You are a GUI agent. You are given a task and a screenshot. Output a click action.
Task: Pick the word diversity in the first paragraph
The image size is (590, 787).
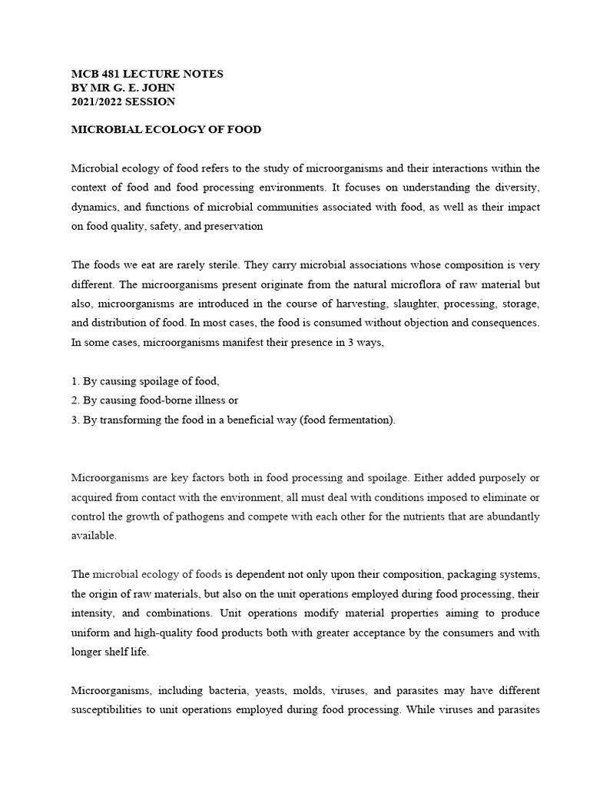point(519,188)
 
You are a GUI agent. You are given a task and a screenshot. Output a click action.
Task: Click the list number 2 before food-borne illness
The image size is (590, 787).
point(75,400)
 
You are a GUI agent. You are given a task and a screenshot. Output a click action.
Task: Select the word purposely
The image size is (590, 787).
point(499,478)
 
